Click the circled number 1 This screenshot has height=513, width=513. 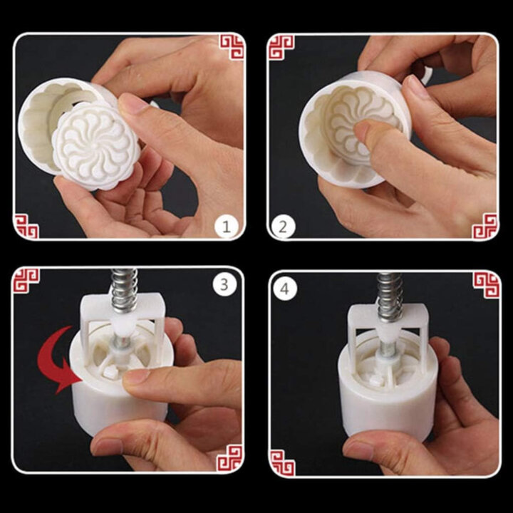click(226, 227)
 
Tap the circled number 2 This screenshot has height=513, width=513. click(282, 227)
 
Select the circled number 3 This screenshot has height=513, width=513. click(226, 285)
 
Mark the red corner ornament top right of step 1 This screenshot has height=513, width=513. click(231, 47)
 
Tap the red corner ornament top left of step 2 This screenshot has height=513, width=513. click(281, 47)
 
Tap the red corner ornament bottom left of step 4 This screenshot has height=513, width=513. click(283, 461)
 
